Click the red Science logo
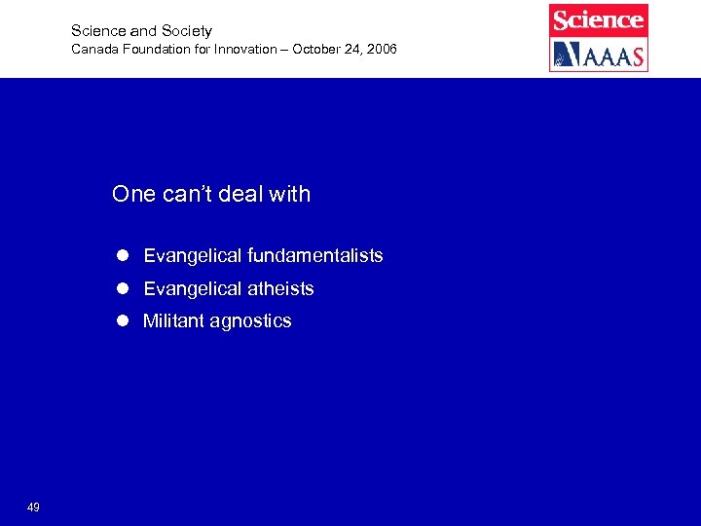[x=598, y=19]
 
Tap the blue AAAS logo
[x=598, y=55]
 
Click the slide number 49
[x=33, y=507]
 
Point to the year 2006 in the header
[x=381, y=49]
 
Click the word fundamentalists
[x=315, y=256]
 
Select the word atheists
[x=280, y=289]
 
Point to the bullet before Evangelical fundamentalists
[x=123, y=256]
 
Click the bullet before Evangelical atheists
[x=123, y=289]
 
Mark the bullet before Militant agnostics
[x=123, y=321]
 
